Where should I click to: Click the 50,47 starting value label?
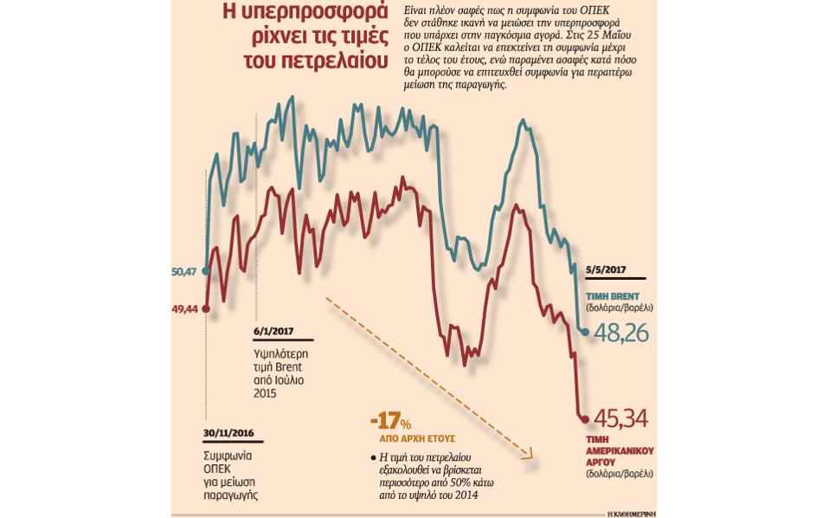pyautogui.click(x=185, y=272)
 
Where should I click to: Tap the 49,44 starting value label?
pyautogui.click(x=185, y=308)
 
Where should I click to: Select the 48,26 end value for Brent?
pyautogui.click(x=620, y=333)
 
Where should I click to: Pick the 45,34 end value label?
pyautogui.click(x=620, y=420)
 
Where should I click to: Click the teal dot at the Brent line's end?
pyautogui.click(x=585, y=332)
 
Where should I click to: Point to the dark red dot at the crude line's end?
pyautogui.click(x=585, y=419)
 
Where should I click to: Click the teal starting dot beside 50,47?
pyautogui.click(x=206, y=271)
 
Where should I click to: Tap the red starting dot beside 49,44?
pyautogui.click(x=206, y=308)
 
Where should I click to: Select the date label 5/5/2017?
pyautogui.click(x=607, y=270)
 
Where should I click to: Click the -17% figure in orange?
pyautogui.click(x=389, y=422)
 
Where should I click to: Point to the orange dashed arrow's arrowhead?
pyautogui.click(x=529, y=453)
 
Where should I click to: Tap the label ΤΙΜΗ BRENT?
pyautogui.click(x=613, y=295)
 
